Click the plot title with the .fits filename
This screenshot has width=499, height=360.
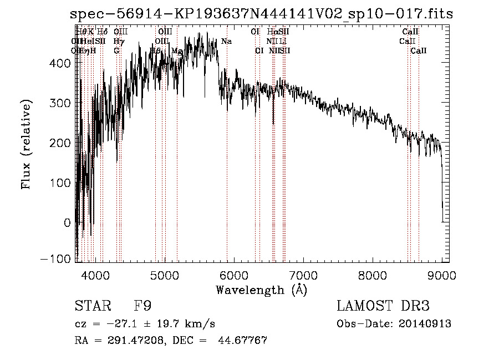click(262, 14)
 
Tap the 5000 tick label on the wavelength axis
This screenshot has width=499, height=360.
click(164, 275)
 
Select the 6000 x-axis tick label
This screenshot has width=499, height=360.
click(233, 275)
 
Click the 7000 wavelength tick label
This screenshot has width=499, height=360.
click(303, 275)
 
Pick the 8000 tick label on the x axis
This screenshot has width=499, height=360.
click(372, 275)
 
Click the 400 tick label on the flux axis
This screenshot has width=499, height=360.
click(63, 63)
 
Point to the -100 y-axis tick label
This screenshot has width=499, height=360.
click(58, 259)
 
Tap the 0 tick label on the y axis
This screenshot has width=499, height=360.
click(68, 222)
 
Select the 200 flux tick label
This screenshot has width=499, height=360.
click(63, 143)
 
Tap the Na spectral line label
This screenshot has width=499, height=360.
click(226, 42)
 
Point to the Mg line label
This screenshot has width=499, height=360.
click(177, 50)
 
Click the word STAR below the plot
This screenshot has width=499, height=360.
click(91, 306)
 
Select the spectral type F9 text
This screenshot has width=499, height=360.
click(143, 306)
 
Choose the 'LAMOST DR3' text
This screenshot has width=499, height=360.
click(383, 306)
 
